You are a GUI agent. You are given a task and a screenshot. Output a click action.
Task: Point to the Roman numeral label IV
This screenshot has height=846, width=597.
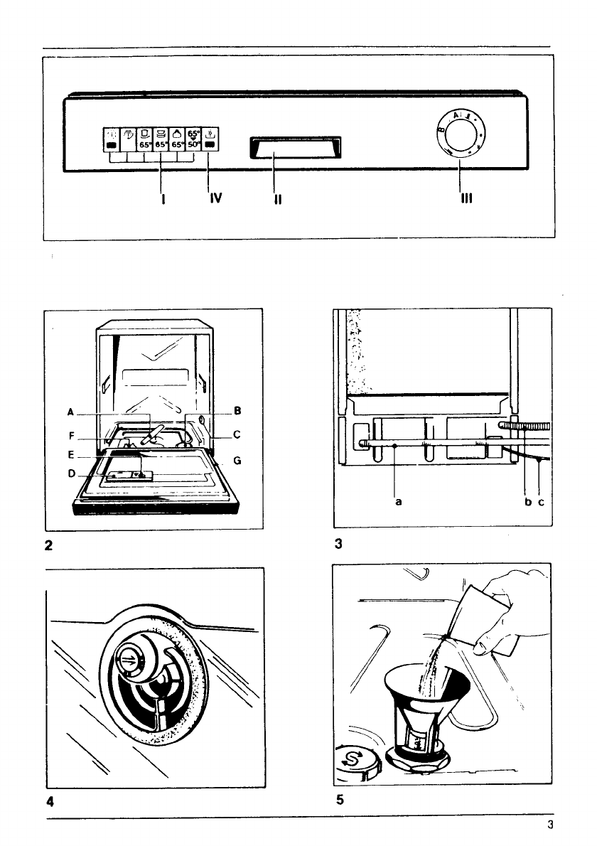click(215, 199)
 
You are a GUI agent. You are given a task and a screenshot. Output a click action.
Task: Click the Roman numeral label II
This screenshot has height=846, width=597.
click(278, 200)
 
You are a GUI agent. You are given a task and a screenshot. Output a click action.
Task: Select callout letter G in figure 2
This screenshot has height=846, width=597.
click(237, 461)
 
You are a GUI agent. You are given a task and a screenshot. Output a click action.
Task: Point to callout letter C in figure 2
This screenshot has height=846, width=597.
click(237, 434)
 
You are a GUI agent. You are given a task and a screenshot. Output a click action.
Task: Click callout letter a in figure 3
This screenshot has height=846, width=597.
click(399, 501)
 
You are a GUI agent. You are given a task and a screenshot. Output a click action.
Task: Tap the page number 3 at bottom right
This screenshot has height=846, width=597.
click(549, 825)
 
